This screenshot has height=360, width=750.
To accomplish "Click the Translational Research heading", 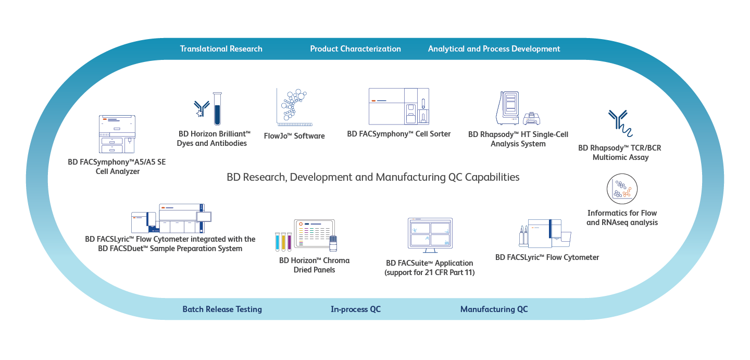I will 221,49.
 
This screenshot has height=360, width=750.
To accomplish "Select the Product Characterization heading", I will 355,49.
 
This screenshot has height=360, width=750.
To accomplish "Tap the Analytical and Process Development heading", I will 494,49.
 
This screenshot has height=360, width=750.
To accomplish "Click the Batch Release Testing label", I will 222,309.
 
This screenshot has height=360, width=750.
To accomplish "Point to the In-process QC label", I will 356,309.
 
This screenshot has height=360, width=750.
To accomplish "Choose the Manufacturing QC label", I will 494,309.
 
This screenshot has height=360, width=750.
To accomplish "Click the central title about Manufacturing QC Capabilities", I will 373,177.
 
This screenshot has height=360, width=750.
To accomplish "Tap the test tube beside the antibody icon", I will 217,108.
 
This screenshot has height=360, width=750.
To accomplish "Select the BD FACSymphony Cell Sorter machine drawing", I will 399,106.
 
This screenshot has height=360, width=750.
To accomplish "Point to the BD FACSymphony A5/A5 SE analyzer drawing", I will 117,134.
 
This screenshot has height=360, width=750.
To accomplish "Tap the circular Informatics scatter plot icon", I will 622,189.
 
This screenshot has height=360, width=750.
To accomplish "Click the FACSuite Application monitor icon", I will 430,235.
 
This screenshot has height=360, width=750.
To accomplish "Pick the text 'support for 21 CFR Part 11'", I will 430,272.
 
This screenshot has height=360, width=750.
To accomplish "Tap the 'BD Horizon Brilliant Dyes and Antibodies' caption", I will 214,139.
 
